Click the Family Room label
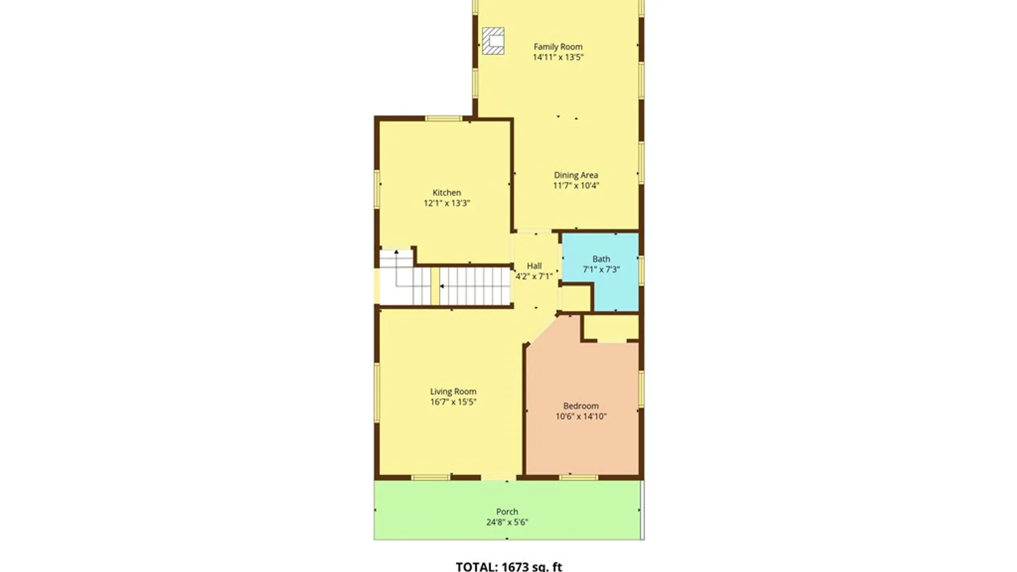tap(558, 47)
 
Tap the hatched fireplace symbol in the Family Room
tap(493, 41)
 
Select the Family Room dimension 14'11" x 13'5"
tap(558, 57)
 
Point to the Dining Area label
tap(576, 175)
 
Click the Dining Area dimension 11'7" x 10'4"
tap(576, 185)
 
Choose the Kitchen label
tap(447, 193)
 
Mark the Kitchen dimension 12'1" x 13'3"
tap(447, 203)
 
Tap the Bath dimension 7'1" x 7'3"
tap(601, 269)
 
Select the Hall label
tap(534, 266)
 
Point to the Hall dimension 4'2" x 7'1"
tap(534, 276)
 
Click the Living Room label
tap(453, 391)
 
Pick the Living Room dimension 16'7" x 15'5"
tap(453, 402)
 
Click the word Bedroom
tap(581, 406)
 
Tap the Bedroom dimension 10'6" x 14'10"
tap(581, 416)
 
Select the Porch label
tap(507, 512)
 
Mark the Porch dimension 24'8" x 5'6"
tap(507, 522)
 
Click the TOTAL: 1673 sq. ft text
tap(509, 566)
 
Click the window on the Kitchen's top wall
tap(444, 118)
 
